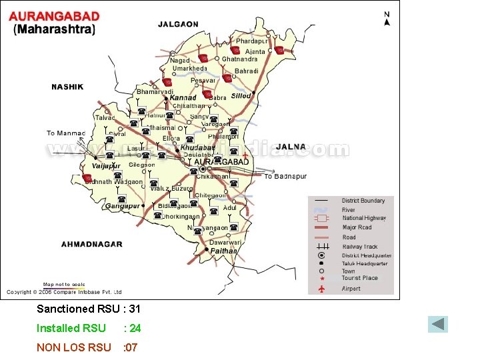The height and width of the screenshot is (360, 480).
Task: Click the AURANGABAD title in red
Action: [54, 16]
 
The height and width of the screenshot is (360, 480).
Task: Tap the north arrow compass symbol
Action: [387, 19]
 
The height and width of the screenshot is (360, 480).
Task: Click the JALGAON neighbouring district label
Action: [178, 25]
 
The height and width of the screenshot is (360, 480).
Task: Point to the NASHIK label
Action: [67, 87]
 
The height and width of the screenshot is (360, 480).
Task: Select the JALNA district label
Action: [290, 147]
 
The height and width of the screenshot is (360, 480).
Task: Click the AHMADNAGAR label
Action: [92, 244]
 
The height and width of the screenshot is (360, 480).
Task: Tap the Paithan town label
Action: [224, 251]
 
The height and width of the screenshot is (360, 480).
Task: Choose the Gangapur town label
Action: [122, 207]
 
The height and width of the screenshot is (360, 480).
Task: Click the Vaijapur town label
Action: [106, 165]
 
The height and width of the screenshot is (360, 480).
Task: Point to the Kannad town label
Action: [183, 98]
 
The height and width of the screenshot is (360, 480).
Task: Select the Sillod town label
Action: [241, 96]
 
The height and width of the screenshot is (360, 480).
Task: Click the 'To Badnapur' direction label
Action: [285, 177]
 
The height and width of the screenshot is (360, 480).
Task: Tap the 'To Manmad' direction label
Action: [66, 133]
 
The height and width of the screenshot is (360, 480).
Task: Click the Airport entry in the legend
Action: [351, 289]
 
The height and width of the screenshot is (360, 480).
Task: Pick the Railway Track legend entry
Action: [359, 247]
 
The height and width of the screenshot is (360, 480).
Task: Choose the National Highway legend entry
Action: [363, 218]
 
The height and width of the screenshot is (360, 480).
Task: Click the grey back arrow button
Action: [438, 325]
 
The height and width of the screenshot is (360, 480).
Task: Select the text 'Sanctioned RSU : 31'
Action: [88, 309]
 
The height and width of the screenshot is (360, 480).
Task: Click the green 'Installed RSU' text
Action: [71, 328]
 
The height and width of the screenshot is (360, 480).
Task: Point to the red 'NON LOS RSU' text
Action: [73, 347]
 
